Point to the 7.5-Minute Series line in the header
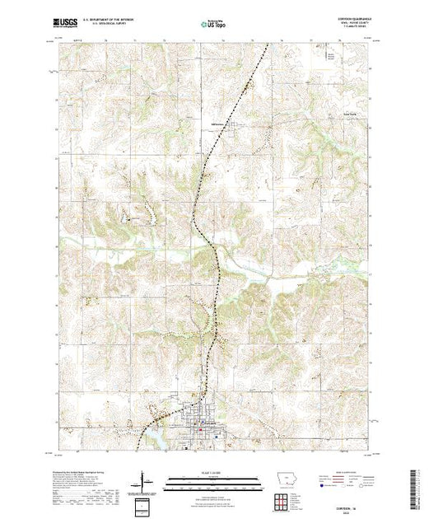(x=352, y=31)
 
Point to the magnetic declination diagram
(x=145, y=480)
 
